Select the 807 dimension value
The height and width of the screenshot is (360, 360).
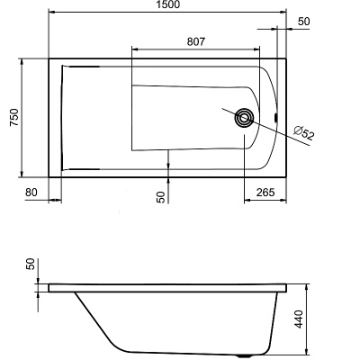(200, 40)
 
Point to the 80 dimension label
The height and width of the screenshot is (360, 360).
(32, 191)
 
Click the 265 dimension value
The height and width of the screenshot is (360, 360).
(265, 191)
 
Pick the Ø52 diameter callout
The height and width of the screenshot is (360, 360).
(304, 136)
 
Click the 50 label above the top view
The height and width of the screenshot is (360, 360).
(303, 21)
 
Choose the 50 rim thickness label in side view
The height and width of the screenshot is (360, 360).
(31, 265)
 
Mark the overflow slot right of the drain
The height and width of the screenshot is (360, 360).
(275, 117)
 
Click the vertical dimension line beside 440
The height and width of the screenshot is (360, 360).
(311, 319)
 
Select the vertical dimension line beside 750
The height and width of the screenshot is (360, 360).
(22, 117)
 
